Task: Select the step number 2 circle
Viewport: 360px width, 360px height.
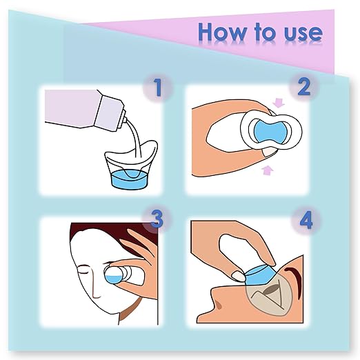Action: coord(304,88)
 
